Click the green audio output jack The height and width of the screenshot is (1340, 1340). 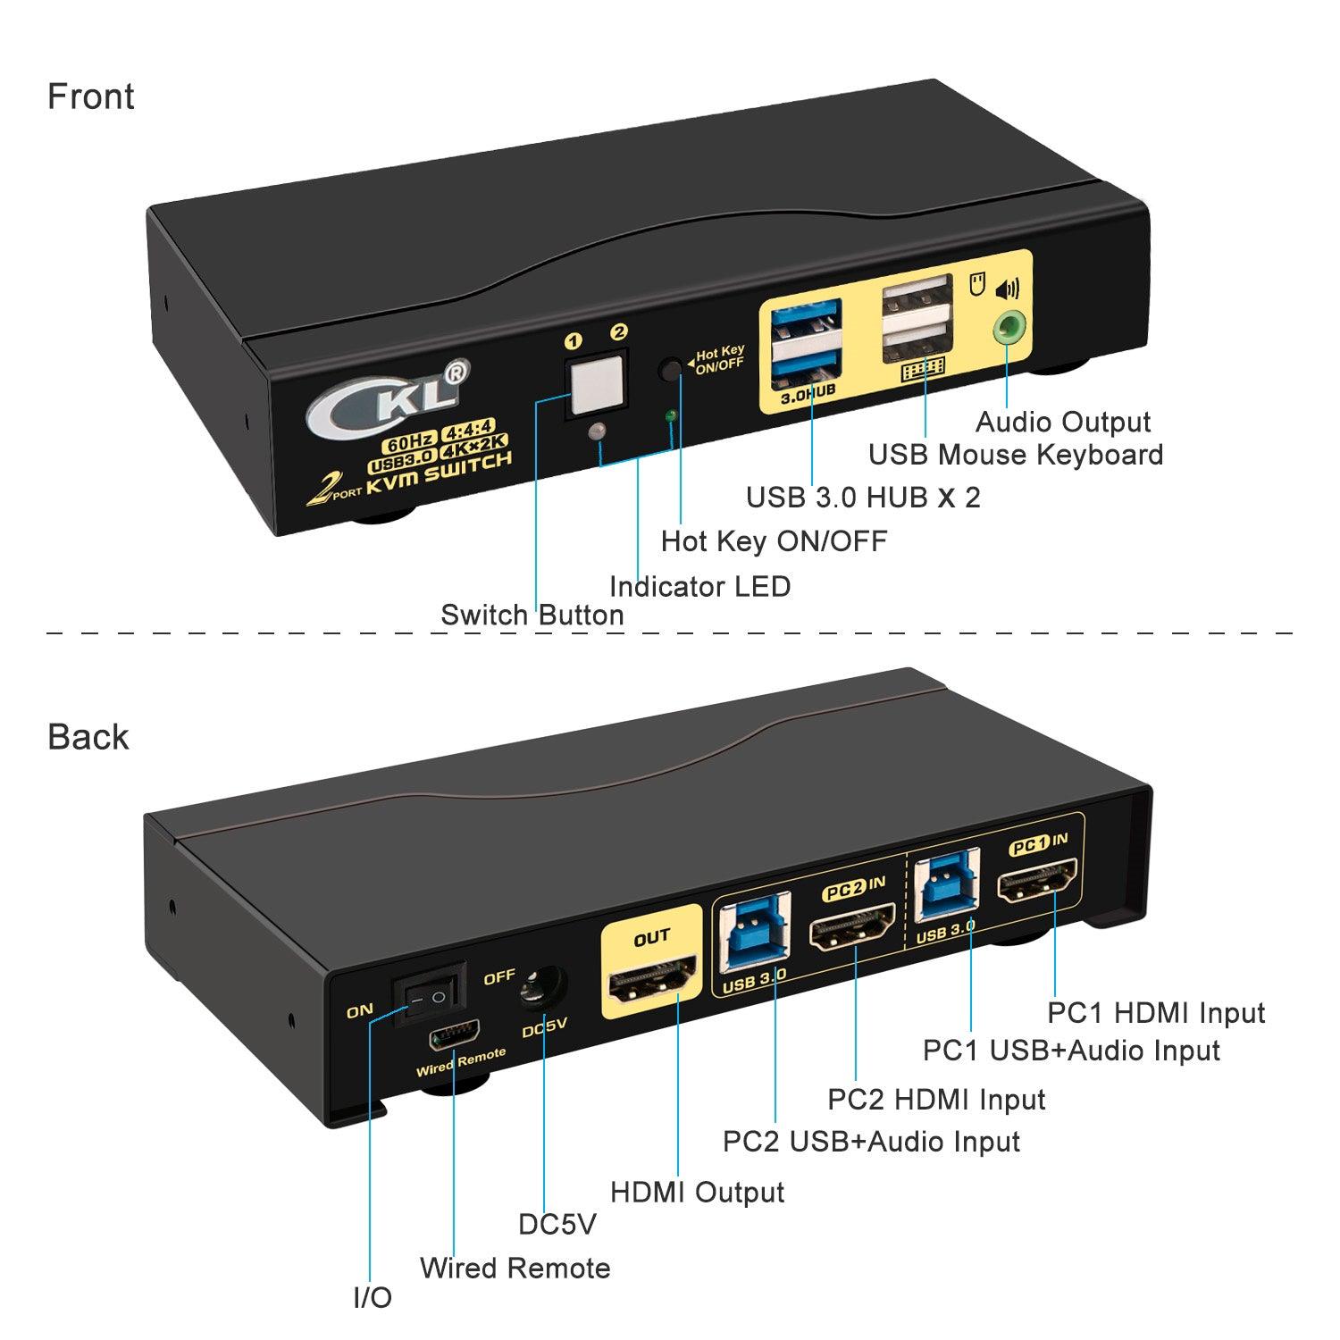click(x=1007, y=328)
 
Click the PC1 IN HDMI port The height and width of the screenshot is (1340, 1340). click(x=1038, y=885)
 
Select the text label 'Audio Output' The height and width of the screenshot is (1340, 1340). click(x=1062, y=422)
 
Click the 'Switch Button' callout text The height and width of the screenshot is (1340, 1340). click(x=532, y=615)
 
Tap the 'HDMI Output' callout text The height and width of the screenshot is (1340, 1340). click(x=697, y=1192)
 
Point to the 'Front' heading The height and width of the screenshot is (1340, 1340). click(x=90, y=96)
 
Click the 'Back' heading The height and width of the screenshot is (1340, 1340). click(x=88, y=737)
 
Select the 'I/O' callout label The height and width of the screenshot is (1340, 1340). click(x=372, y=1298)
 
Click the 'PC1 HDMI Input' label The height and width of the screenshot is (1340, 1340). click(x=1156, y=1013)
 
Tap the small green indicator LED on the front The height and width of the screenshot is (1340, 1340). click(x=672, y=415)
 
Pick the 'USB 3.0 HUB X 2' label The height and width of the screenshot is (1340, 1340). click(x=863, y=497)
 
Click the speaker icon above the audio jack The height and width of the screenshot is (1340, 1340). click(x=1006, y=289)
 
